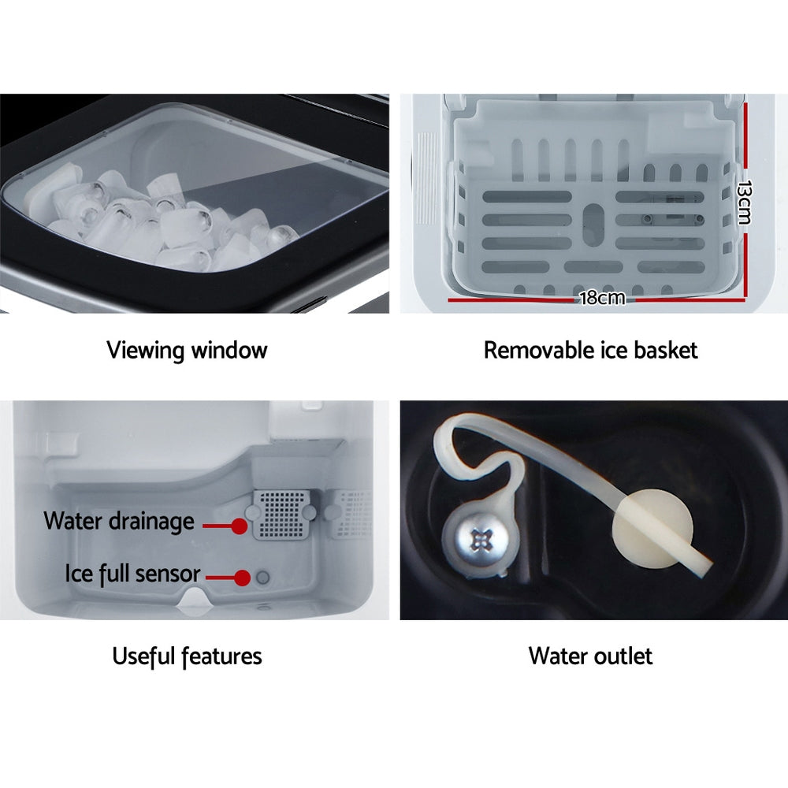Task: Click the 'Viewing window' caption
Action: (x=187, y=350)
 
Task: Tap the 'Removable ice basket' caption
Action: (x=590, y=350)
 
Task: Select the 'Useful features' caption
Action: (x=187, y=656)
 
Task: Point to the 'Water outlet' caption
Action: (x=590, y=656)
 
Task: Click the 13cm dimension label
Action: (x=743, y=203)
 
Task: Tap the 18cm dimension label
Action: (x=601, y=298)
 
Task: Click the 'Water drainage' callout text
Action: (x=119, y=521)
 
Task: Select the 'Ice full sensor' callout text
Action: (x=132, y=573)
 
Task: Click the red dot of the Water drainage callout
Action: (x=237, y=524)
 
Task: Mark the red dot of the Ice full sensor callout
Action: (x=242, y=578)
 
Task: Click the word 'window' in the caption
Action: (x=228, y=350)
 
